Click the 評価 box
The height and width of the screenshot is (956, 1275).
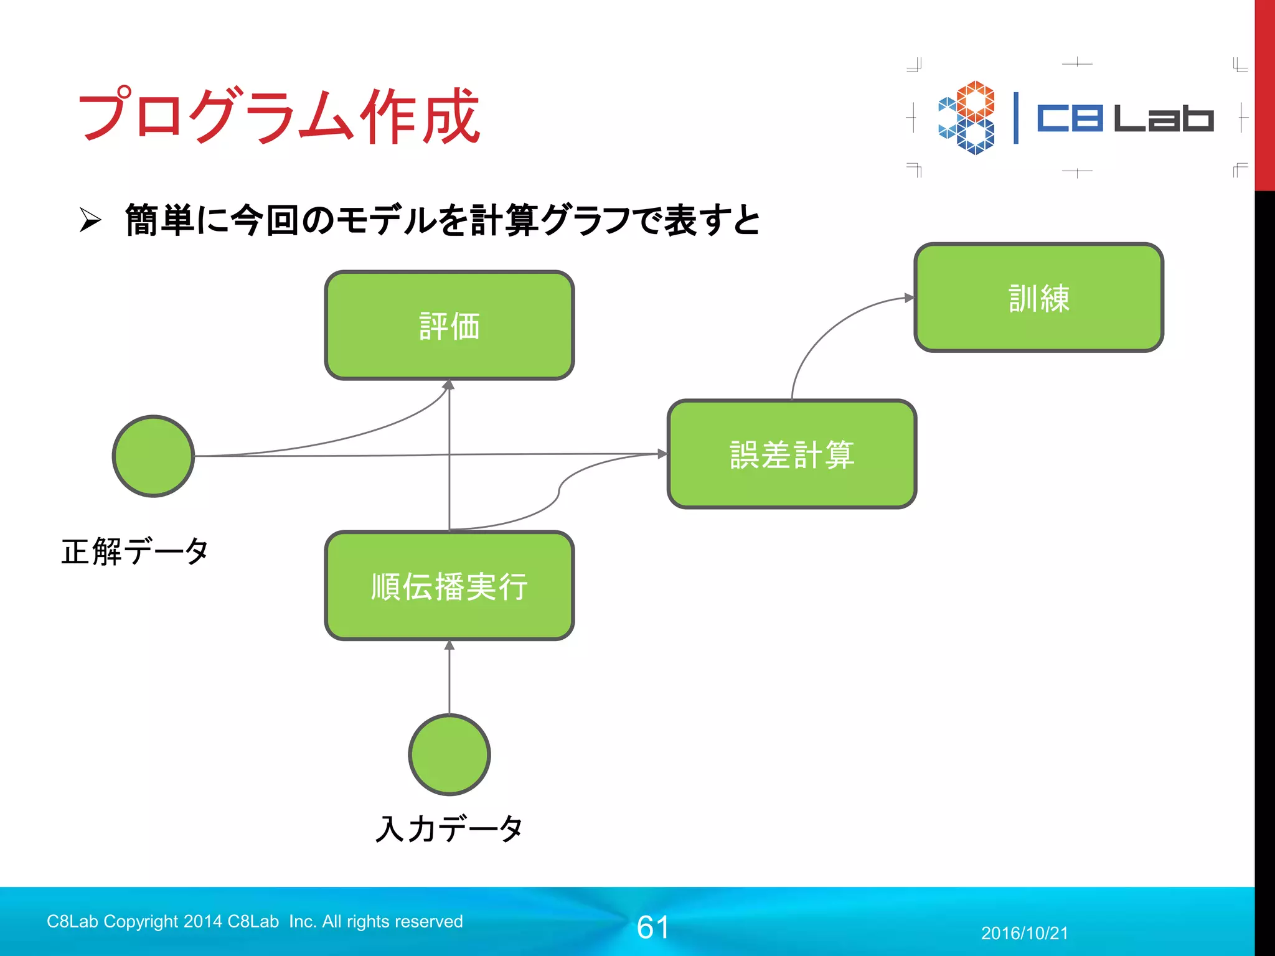[449, 326]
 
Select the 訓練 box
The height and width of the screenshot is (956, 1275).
[1038, 298]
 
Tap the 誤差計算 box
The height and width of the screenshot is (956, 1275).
[791, 454]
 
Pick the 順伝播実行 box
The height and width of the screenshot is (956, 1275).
[449, 586]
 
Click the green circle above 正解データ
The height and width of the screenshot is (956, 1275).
[153, 456]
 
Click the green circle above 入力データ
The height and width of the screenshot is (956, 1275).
[449, 754]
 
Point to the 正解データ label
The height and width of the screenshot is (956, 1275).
[134, 551]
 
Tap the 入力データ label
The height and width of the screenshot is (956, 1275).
[449, 829]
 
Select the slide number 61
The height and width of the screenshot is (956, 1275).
[652, 927]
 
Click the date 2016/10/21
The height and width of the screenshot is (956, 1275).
[1024, 933]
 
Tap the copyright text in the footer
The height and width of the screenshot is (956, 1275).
[255, 921]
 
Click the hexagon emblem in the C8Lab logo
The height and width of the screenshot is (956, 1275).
[967, 118]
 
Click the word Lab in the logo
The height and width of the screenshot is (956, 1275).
[1163, 118]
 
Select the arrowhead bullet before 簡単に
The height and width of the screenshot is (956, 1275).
[90, 220]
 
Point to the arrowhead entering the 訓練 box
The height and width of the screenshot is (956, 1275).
[909, 298]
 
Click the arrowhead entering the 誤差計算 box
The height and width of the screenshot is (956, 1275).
[662, 454]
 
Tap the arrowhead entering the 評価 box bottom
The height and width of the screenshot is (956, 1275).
[449, 385]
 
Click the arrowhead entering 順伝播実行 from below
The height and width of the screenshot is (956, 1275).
[449, 645]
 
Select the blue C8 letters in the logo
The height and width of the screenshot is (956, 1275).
[1070, 118]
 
